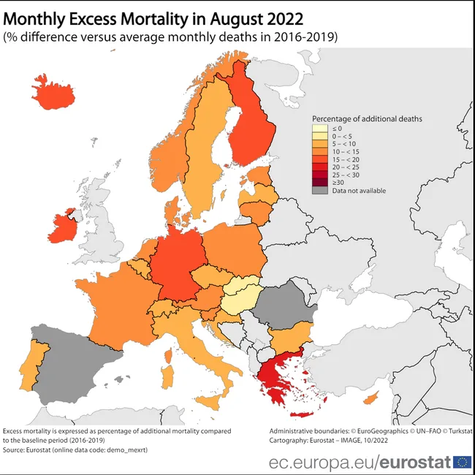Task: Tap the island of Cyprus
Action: [372, 398]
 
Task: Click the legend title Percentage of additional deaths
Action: [367, 118]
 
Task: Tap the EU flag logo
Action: [462, 462]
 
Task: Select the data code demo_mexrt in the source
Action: [126, 450]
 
